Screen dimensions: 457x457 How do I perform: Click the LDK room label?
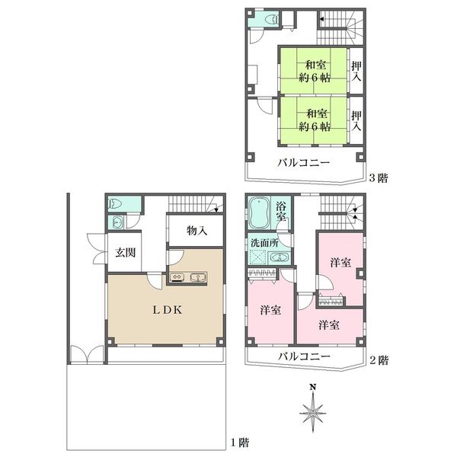pyautogui.click(x=168, y=310)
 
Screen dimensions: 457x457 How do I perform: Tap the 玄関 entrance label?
pyautogui.click(x=126, y=252)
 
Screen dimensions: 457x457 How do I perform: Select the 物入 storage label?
pyautogui.click(x=197, y=231)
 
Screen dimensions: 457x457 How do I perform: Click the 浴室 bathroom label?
pyautogui.click(x=281, y=211)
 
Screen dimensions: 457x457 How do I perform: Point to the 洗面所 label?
pyautogui.click(x=264, y=242)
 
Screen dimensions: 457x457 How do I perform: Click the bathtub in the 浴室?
pyautogui.click(x=259, y=213)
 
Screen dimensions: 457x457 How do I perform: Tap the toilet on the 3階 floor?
pyautogui.click(x=273, y=20)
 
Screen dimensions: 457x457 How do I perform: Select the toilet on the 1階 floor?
pyautogui.click(x=114, y=203)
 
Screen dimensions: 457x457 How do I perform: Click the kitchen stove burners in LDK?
pyautogui.click(x=177, y=277)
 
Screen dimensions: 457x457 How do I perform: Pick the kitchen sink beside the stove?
pyautogui.click(x=198, y=277)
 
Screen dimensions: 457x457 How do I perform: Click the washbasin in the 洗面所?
pyautogui.click(x=280, y=257)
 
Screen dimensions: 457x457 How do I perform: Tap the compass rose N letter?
pyautogui.click(x=313, y=388)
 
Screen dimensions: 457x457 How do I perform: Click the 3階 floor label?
pyautogui.click(x=379, y=177)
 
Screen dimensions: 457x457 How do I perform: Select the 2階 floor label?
pyautogui.click(x=379, y=360)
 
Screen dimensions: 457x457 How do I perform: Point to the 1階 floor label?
pyautogui.click(x=240, y=443)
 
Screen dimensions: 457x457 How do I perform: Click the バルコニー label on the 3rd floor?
pyautogui.click(x=303, y=162)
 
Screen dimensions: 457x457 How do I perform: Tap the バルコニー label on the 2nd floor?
pyautogui.click(x=304, y=356)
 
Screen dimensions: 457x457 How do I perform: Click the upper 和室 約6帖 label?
pyautogui.click(x=315, y=71)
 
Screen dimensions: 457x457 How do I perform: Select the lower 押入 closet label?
pyautogui.click(x=356, y=120)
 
